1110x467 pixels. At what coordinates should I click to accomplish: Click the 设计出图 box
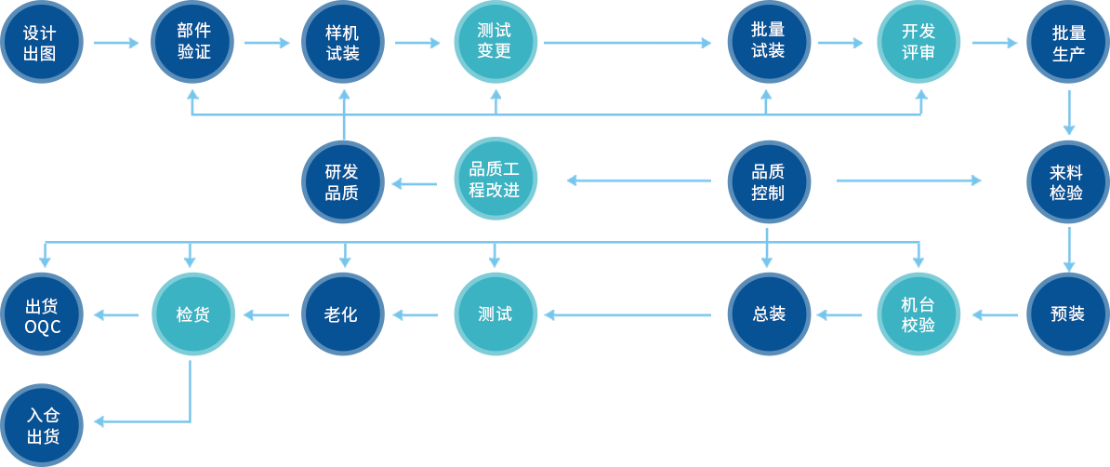pos(42,43)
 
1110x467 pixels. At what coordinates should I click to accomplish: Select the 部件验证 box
pos(192,43)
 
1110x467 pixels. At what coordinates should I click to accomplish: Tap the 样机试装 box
pos(342,43)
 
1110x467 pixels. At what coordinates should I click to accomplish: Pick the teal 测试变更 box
pos(496,43)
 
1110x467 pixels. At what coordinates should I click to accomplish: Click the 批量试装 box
pos(769,43)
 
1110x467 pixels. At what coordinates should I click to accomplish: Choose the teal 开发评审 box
pos(918,43)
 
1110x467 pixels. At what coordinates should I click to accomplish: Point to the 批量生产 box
pos(1067,43)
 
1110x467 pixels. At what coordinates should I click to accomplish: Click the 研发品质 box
pos(342,181)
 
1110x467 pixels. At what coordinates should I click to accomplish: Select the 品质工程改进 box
pos(496,178)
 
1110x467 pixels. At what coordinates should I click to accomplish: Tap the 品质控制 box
pos(769,181)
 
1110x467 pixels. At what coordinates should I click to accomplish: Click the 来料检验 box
pos(1067,181)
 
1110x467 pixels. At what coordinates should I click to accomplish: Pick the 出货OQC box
pos(42,314)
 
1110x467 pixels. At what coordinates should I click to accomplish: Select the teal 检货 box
pos(192,314)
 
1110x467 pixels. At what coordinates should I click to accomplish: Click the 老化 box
pos(342,314)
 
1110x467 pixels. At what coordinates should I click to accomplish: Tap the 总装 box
pos(769,314)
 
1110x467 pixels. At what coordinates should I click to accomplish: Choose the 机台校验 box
pos(918,314)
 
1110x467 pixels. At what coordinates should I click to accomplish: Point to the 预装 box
pos(1067,314)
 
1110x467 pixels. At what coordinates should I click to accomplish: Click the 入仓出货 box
pos(42,425)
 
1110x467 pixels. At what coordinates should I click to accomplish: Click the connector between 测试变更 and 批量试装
pos(628,43)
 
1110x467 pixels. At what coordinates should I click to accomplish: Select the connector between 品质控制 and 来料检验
pos(908,180)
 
